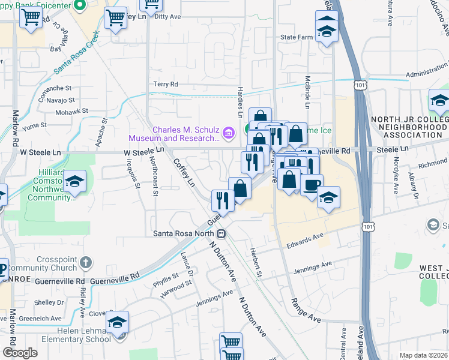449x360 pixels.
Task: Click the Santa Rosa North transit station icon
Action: coord(221,233)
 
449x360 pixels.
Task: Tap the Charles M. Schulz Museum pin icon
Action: coord(228,133)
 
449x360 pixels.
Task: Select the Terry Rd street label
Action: coord(166,85)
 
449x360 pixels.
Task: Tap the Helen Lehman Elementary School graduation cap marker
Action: coord(118,322)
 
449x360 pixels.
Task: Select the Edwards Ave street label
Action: coord(304,241)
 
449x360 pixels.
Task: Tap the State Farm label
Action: coord(297,37)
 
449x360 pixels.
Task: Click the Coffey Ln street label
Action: coord(184,172)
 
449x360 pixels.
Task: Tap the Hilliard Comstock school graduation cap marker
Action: coord(74,181)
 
